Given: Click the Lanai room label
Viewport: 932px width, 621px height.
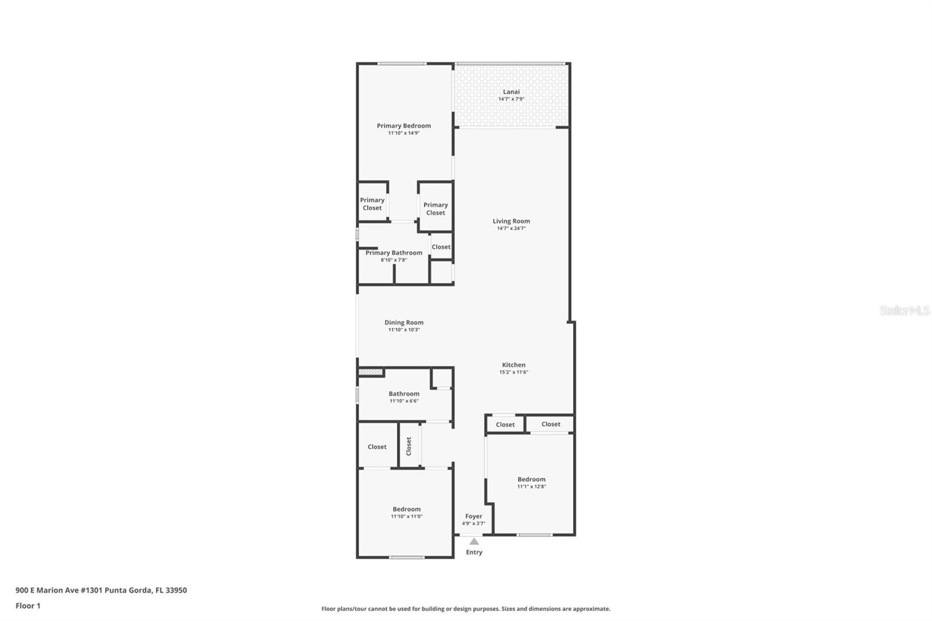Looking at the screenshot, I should click(x=511, y=91).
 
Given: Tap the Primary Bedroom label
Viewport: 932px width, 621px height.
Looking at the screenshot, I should click(x=404, y=125).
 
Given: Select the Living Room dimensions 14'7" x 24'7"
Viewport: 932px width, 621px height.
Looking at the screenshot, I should click(x=511, y=228).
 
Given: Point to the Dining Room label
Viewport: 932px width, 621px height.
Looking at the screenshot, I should click(x=404, y=322).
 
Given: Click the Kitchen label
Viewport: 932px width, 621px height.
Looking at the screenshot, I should click(x=513, y=365).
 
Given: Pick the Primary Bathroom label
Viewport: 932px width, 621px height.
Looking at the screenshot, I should click(x=394, y=252).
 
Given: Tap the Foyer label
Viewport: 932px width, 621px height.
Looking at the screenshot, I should click(x=474, y=516).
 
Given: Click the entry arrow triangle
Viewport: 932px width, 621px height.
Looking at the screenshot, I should click(x=474, y=541).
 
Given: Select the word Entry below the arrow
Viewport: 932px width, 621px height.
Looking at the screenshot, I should click(x=474, y=552).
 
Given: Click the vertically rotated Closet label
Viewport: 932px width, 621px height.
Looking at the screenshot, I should click(x=408, y=446).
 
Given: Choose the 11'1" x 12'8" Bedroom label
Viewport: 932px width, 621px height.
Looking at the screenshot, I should click(x=531, y=479).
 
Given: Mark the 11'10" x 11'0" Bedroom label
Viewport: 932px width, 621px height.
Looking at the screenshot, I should click(x=406, y=509).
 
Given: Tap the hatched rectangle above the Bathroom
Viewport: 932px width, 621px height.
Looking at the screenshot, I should click(x=370, y=372).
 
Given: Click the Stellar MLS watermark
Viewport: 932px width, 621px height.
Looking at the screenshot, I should click(x=904, y=310).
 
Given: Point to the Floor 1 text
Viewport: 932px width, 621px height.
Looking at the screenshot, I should click(x=28, y=606).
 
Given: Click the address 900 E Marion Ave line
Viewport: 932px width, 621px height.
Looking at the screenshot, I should click(x=101, y=590).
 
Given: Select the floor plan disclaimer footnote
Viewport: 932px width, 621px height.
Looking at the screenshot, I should click(x=465, y=609).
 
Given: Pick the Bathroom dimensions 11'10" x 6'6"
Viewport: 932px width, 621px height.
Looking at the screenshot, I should click(x=404, y=401).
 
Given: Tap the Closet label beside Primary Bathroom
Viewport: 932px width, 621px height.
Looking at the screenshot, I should click(x=441, y=246).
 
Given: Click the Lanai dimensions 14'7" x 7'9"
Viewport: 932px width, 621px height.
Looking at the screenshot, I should click(x=511, y=99).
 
